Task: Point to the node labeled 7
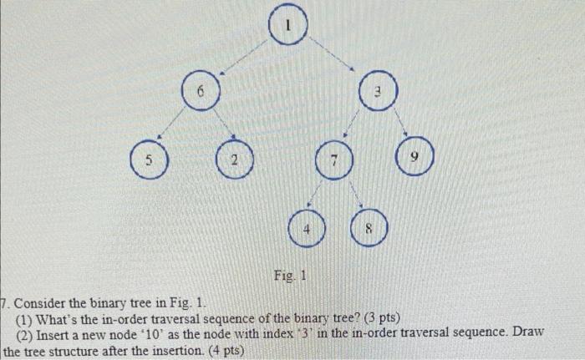pos(333,160)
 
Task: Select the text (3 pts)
pos(379,317)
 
